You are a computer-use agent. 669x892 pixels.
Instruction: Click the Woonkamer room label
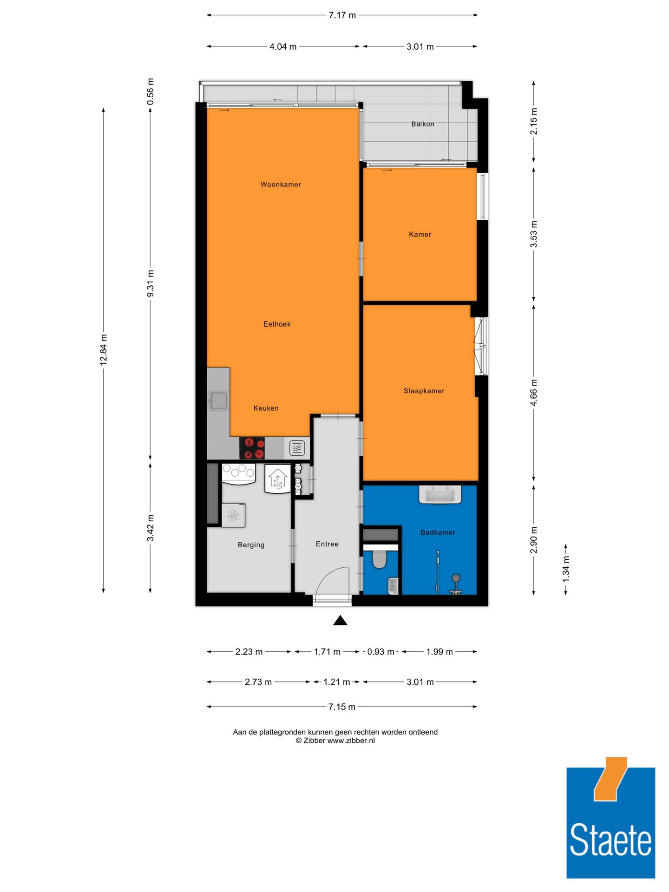[281, 184]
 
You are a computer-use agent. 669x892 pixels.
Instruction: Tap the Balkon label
[422, 124]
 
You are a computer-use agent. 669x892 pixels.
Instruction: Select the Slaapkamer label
[424, 391]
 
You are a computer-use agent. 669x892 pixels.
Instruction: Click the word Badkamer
[438, 532]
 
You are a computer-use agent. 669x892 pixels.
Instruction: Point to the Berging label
[251, 544]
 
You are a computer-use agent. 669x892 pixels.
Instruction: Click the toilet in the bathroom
[380, 559]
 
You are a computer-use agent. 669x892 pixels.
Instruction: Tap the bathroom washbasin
[440, 495]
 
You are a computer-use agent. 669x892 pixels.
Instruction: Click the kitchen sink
[218, 400]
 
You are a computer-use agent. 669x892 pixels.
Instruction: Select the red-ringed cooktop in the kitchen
[252, 448]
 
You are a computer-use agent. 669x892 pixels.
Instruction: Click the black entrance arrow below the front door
[340, 621]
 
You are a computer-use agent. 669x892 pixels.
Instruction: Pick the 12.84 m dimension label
[104, 349]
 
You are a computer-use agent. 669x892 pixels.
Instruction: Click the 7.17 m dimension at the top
[342, 15]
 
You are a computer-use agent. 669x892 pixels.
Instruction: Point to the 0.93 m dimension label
[380, 652]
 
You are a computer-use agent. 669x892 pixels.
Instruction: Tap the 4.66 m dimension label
[534, 393]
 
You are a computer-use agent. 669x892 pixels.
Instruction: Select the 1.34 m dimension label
[566, 569]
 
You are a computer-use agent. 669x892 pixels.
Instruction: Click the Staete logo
[610, 822]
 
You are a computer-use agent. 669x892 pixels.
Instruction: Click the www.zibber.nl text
[351, 741]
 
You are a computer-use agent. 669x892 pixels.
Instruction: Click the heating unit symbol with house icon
[278, 479]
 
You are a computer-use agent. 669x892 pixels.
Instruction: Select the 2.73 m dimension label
[258, 682]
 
